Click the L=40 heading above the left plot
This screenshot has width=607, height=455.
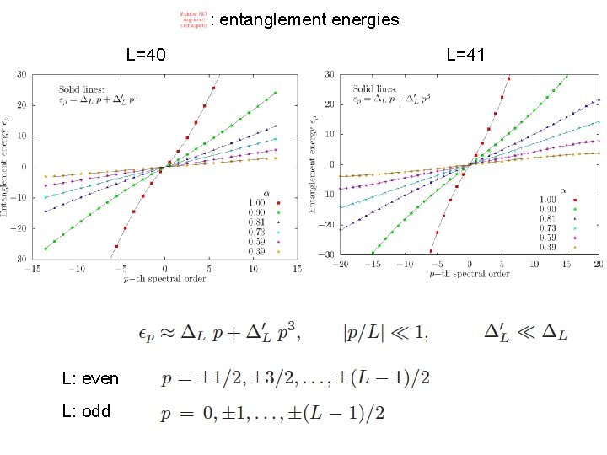pyautogui.click(x=145, y=56)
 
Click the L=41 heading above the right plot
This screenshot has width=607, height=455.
pyautogui.click(x=465, y=56)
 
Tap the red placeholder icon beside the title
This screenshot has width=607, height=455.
pyautogui.click(x=193, y=19)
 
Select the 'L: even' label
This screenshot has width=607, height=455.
pyautogui.click(x=90, y=379)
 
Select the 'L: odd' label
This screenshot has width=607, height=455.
pyautogui.click(x=86, y=413)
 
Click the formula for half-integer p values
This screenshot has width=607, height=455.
pyautogui.click(x=295, y=377)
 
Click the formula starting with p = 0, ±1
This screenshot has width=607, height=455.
pyautogui.click(x=273, y=412)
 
